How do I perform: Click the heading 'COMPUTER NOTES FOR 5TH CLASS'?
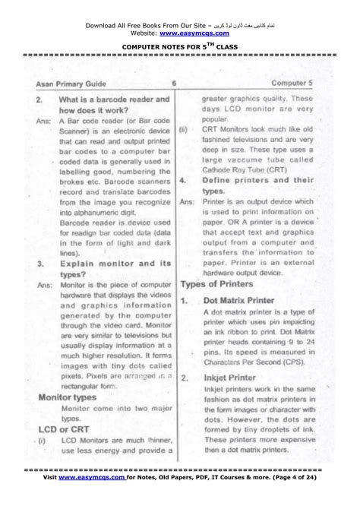click(x=179, y=46)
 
